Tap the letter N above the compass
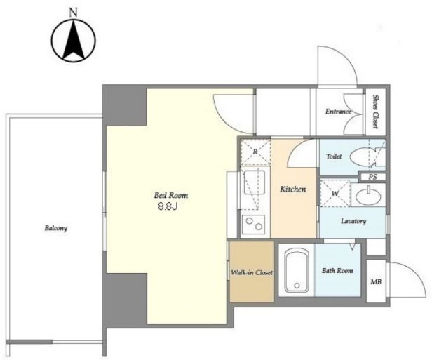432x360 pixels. [x=73, y=13]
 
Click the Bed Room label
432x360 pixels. [x=171, y=195]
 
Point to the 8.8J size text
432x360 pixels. [x=168, y=207]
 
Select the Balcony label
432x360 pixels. [x=56, y=228]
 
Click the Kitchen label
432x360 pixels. [x=293, y=189]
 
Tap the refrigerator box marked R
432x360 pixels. [x=255, y=152]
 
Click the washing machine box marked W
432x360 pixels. [x=335, y=193]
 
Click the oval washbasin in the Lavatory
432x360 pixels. [x=368, y=196]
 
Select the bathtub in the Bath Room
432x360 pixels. [x=297, y=269]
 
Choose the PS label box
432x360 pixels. [x=373, y=177]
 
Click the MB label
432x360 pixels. [x=376, y=282]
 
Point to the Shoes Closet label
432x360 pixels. [x=375, y=112]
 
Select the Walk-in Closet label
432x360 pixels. [x=252, y=273]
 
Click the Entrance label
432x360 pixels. [x=338, y=112]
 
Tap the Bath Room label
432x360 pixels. [x=337, y=271]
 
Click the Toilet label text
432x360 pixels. [x=334, y=156]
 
